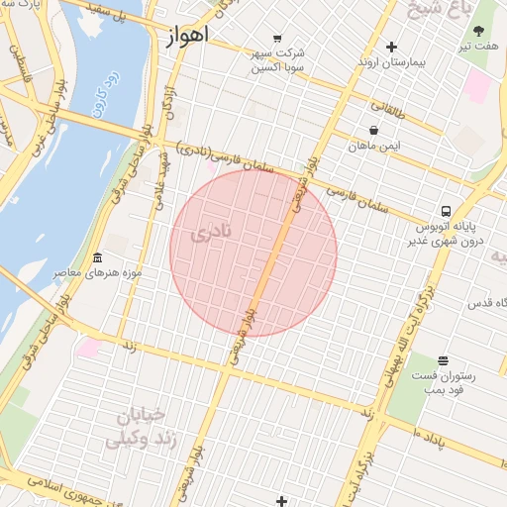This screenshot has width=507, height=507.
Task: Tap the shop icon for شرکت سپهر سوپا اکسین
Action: tap(275, 40)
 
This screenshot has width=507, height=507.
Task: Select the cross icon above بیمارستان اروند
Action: tap(392, 47)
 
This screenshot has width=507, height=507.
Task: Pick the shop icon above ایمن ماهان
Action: tap(373, 130)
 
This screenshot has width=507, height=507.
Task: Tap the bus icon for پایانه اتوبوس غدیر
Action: tap(447, 211)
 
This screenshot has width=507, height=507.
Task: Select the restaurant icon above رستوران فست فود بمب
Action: tap(442, 361)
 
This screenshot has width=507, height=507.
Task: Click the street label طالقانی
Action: tap(388, 105)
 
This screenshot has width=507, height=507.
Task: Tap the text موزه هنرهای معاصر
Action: tap(101, 272)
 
